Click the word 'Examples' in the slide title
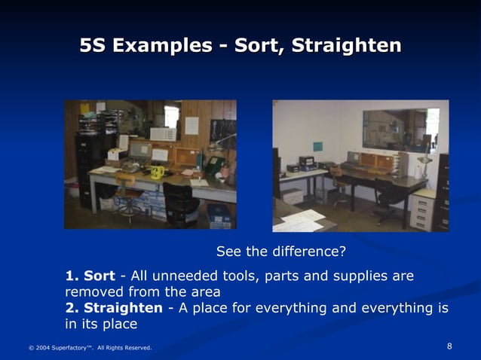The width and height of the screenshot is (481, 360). click(162, 46)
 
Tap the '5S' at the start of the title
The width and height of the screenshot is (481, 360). click(93, 46)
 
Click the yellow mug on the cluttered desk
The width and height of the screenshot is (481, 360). click(157, 172)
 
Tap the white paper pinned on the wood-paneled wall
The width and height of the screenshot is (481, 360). click(191, 125)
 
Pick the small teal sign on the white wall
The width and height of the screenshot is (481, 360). click(317, 146)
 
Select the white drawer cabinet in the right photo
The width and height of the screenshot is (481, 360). click(422, 211)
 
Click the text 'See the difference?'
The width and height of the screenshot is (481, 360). click(280, 251)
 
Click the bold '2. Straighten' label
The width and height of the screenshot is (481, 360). click(113, 308)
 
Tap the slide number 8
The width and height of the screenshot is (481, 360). click(449, 346)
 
